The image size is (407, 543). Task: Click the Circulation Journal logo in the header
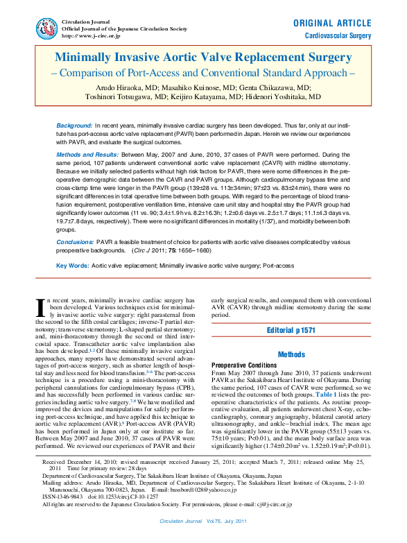pyautogui.click(x=48, y=28)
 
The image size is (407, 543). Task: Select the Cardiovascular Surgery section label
pyautogui.click(x=338, y=35)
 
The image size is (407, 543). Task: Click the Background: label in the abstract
pyautogui.click(x=75, y=125)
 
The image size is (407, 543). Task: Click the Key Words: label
pyautogui.click(x=72, y=266)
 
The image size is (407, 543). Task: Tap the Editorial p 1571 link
pyautogui.click(x=291, y=331)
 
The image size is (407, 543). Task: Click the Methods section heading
pyautogui.click(x=291, y=354)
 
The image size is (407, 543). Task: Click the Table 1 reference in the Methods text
pyautogui.click(x=328, y=394)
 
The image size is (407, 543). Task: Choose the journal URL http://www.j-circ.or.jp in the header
pyautogui.click(x=92, y=35)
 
